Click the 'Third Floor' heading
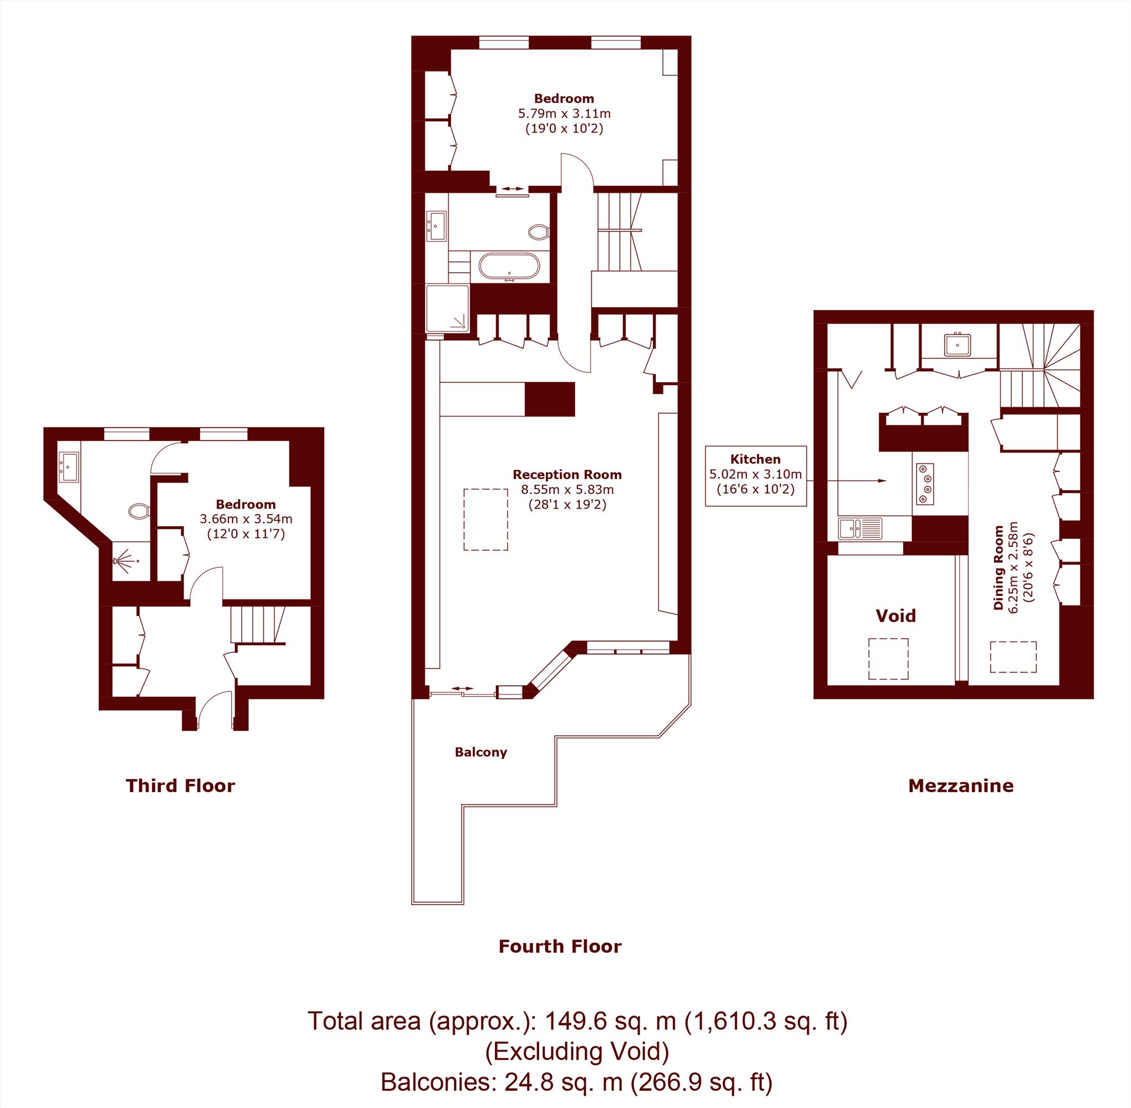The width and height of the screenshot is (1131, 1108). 181,786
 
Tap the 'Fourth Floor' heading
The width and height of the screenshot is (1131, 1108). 560,946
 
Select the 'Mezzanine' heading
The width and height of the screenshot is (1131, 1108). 961,786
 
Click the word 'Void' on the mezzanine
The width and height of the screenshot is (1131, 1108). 896,615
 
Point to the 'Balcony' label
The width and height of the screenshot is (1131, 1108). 481,752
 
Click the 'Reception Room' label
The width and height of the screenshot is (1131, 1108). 567,474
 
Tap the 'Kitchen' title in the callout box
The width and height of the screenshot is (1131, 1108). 755,459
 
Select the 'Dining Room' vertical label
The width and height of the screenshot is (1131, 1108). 999,568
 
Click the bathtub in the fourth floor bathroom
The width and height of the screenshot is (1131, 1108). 510,267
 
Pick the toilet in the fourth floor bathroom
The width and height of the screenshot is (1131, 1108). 539,232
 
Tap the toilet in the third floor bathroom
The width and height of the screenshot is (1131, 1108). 139,511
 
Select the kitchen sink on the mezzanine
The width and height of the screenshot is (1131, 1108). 859,529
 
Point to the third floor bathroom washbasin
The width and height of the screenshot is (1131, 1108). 69,467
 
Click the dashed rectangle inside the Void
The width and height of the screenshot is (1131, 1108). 888,659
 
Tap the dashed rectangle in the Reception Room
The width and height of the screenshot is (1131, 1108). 485,520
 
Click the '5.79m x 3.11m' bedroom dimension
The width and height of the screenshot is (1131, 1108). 564,114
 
